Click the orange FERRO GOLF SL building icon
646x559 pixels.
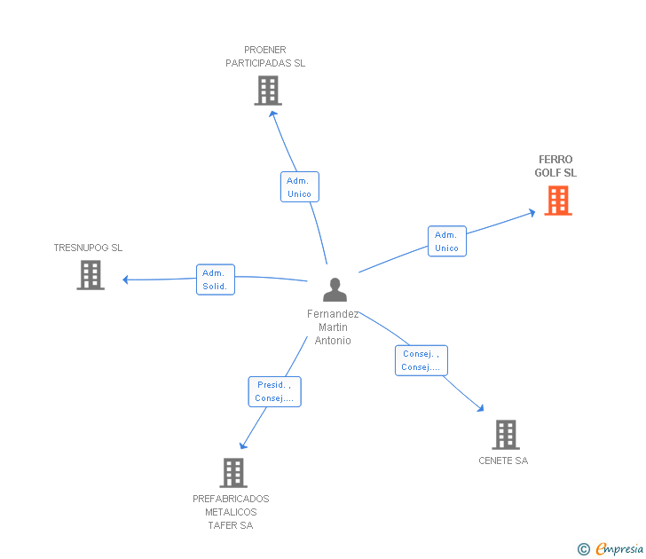click(558, 201)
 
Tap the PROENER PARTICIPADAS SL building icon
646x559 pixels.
click(268, 91)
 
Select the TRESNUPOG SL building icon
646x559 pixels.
click(91, 275)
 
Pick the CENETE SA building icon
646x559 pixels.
click(506, 435)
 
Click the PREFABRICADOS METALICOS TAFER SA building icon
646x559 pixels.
click(233, 473)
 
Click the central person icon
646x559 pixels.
click(335, 289)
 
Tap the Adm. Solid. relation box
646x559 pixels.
click(216, 279)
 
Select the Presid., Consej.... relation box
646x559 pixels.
click(275, 392)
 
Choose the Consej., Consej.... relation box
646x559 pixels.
click(421, 360)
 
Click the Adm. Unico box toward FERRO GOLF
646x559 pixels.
click(447, 241)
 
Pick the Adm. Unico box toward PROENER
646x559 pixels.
click(300, 186)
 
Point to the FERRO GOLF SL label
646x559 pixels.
click(555, 166)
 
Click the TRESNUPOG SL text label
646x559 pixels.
click(88, 248)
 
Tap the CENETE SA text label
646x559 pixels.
click(503, 461)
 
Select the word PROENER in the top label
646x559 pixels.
click(265, 50)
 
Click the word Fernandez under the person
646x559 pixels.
click(333, 314)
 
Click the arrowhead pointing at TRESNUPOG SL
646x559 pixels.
click(125, 279)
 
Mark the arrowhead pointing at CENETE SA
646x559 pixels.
click(481, 408)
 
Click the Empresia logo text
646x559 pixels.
click(619, 549)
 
